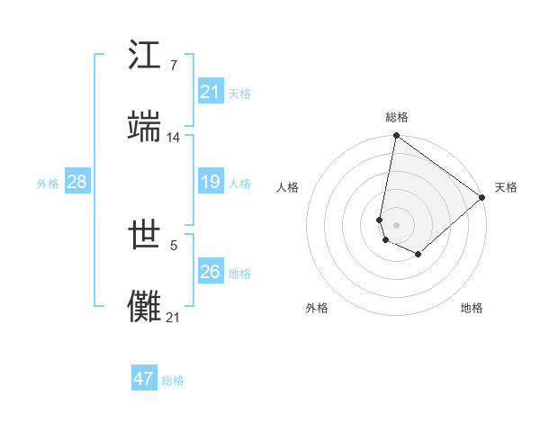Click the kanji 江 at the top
pos(145,56)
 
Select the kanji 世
pos(145,237)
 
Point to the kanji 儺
pos(145,305)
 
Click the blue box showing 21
pos(211,92)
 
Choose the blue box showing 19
pos(211,182)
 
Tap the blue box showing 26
pos(211,272)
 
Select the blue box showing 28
pos(77,182)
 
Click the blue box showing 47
pos(144,379)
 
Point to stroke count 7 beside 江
pos(173,67)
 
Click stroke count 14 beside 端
pos(174,137)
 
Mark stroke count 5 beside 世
pos(173,244)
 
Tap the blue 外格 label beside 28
pos(48,184)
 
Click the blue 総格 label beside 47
pos(173,381)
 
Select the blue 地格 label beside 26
pos(239,274)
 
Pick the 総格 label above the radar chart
pos(396,117)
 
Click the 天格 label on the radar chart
pos(506,187)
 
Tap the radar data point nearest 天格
pos(482,198)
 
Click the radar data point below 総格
pos(396,137)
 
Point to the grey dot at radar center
pos(396,224)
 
